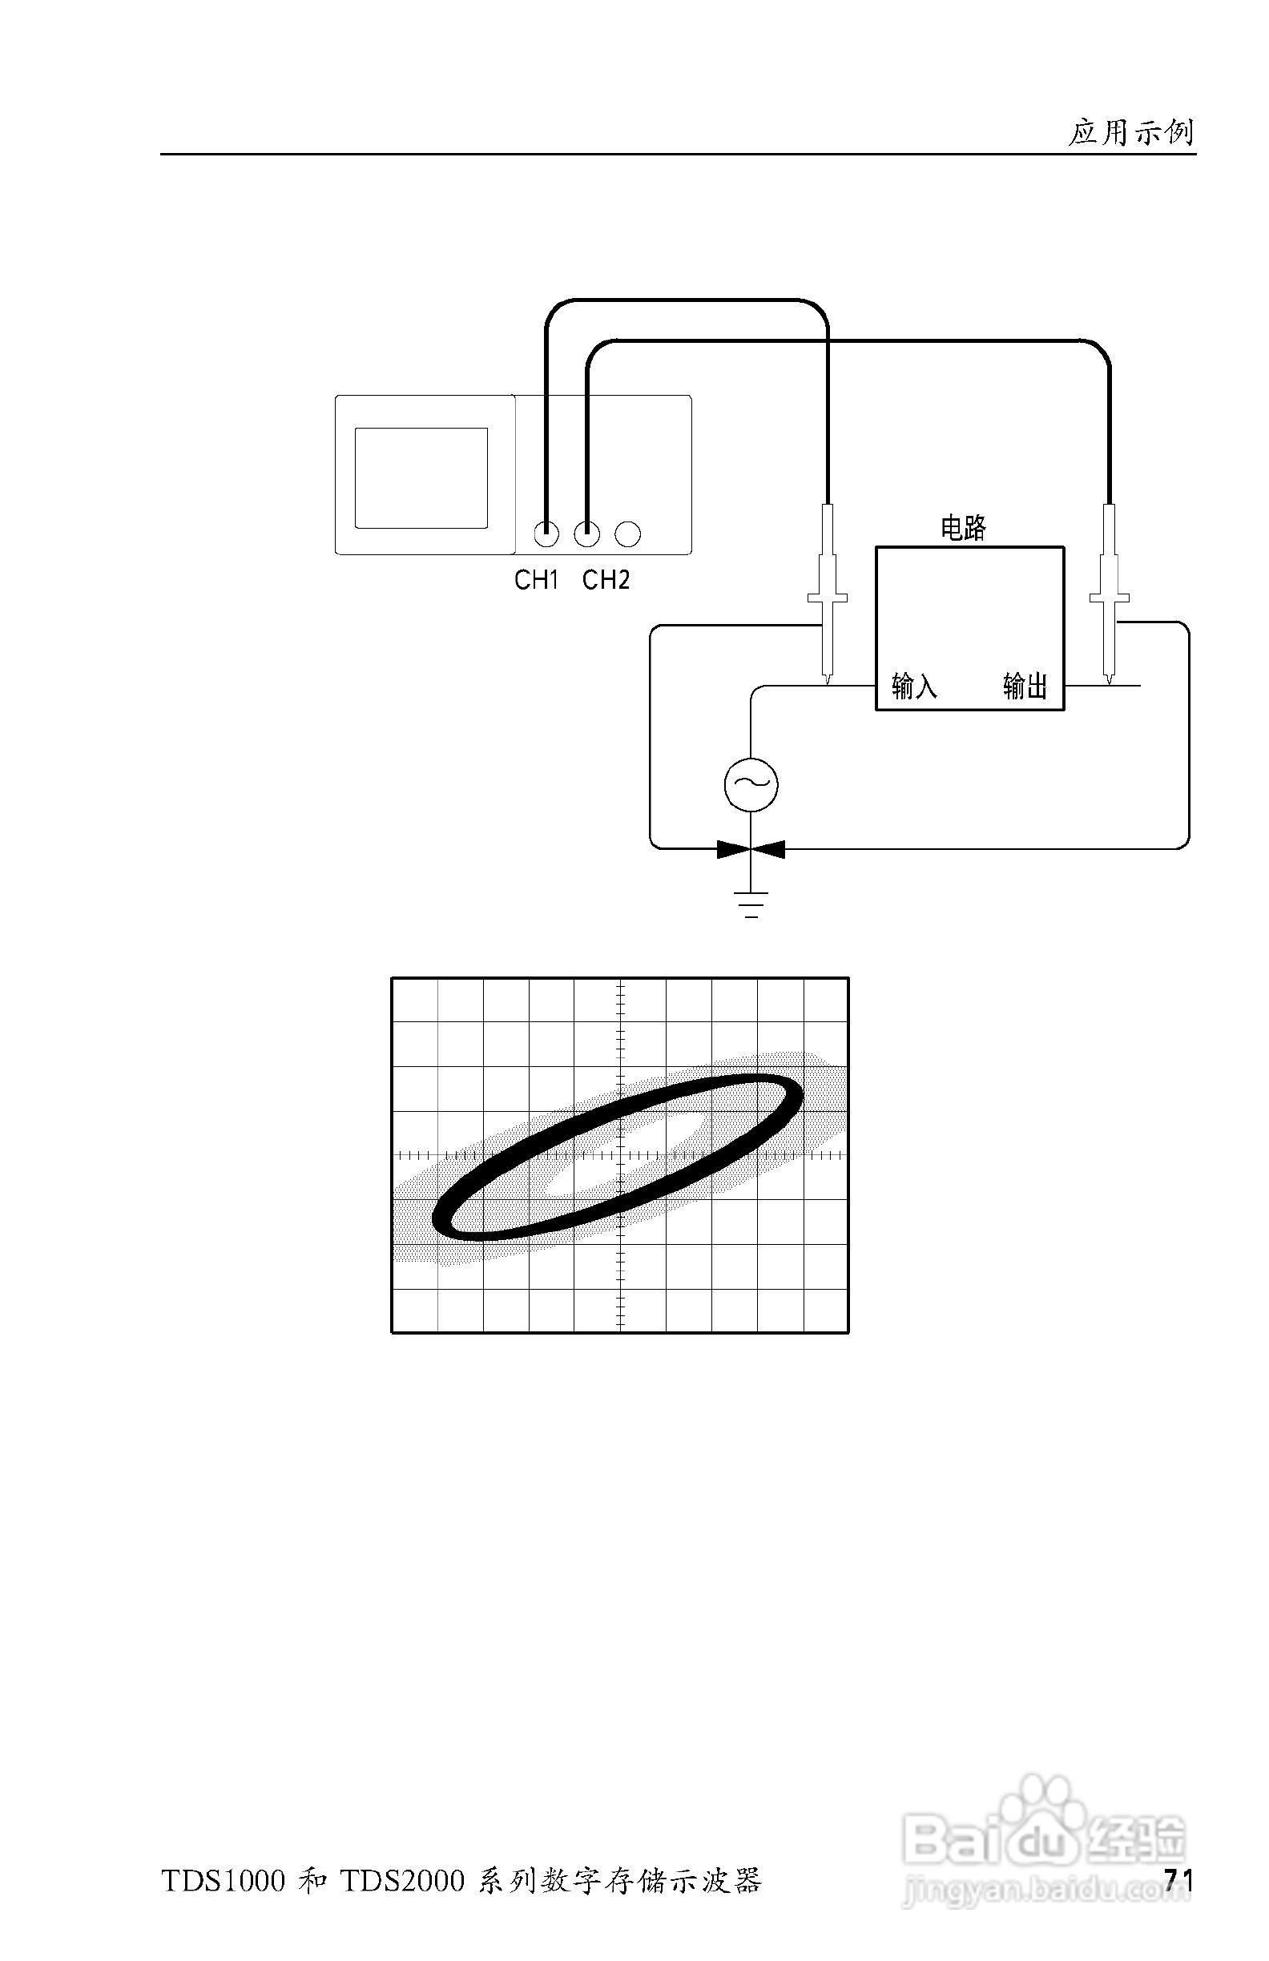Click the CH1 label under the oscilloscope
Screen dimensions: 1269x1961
537,581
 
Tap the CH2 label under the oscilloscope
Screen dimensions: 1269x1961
606,581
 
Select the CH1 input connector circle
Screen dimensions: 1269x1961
546,534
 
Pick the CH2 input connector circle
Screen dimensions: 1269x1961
586,534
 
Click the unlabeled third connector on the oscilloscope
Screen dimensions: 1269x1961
628,534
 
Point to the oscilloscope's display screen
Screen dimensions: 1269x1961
421,478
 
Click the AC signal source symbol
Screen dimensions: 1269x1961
751,784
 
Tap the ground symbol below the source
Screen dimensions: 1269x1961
751,904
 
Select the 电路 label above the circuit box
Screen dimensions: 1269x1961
963,528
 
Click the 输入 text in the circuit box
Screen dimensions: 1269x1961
914,686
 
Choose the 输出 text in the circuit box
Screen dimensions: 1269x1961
1025,686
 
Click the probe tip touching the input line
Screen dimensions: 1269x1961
827,680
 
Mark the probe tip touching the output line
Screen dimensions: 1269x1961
1110,680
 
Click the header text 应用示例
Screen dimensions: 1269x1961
1130,133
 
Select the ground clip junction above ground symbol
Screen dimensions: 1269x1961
751,848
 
